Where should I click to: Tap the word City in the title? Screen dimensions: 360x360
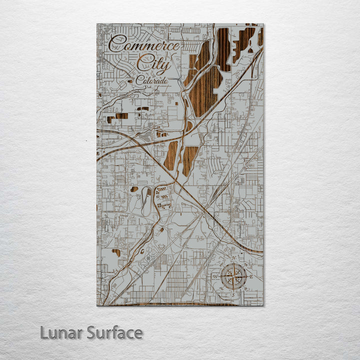tap(154, 63)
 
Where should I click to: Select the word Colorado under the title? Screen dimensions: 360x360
tap(152, 80)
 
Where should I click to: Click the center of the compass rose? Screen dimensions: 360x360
tap(233, 276)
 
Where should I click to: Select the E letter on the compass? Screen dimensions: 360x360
tap(251, 276)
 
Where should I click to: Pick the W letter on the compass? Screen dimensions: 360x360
tap(215, 276)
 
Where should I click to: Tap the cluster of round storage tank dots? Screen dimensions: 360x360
tap(163, 198)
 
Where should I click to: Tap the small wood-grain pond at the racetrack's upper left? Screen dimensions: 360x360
tap(134, 189)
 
